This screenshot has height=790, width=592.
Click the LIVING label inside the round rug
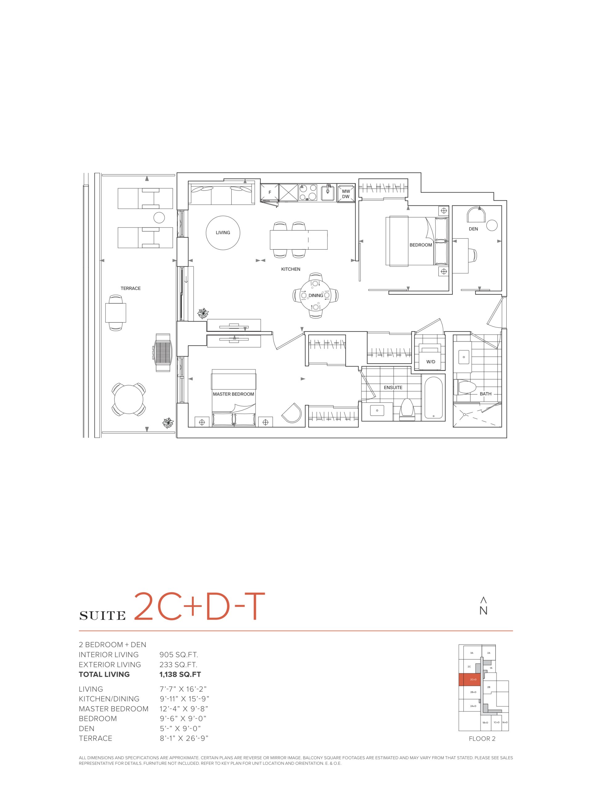click(x=223, y=232)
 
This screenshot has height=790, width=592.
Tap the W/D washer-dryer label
click(x=431, y=362)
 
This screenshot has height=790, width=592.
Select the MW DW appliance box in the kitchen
click(x=346, y=193)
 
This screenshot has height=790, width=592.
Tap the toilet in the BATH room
click(x=465, y=387)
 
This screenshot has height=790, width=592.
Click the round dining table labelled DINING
click(x=315, y=295)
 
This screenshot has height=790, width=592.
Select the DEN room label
click(x=473, y=229)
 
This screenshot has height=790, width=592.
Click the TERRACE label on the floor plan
click(x=131, y=288)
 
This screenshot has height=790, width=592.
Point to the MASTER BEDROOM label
click(x=233, y=394)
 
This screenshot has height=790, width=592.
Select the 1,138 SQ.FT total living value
click(x=180, y=675)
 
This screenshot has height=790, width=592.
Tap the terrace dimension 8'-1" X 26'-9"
click(x=184, y=738)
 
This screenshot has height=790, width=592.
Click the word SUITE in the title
click(x=102, y=615)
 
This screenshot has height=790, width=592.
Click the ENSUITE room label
click(x=393, y=388)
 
